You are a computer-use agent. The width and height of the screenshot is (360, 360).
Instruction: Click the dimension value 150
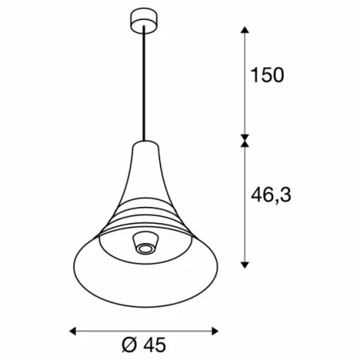[x=267, y=76]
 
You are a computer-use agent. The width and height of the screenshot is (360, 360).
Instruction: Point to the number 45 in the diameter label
[x=157, y=346]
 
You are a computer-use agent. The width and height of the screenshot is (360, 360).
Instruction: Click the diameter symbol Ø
[x=131, y=346]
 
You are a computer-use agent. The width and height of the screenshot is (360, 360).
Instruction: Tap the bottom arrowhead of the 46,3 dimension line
[x=245, y=267]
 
